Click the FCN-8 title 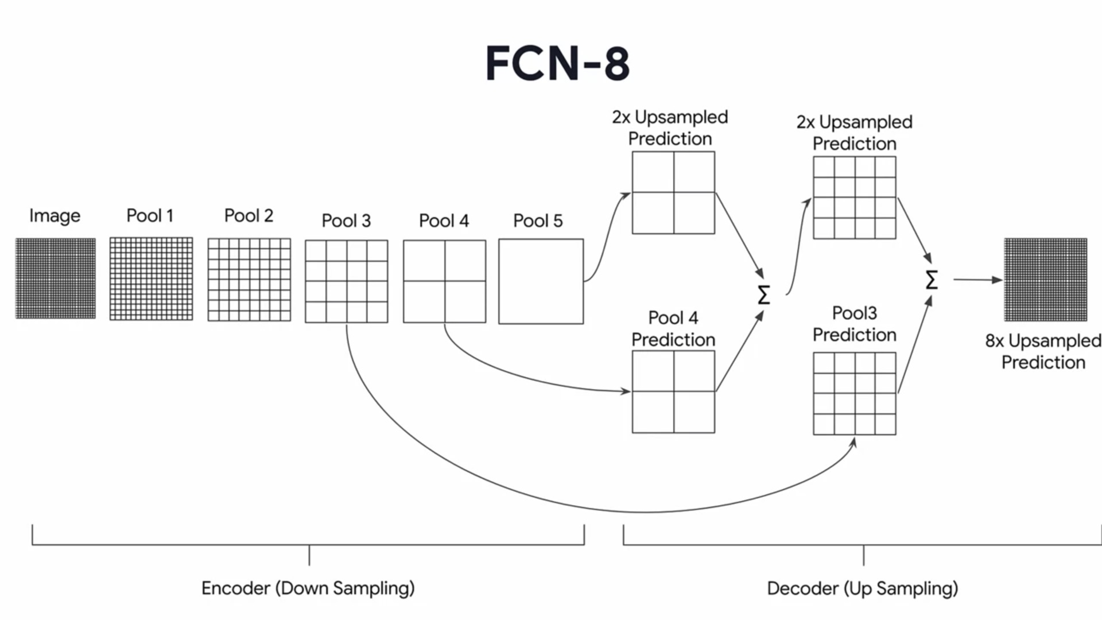tap(558, 63)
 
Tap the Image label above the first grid tap(55, 216)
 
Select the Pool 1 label tap(150, 215)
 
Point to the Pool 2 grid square tap(249, 280)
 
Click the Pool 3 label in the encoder tap(346, 220)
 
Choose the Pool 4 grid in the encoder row tap(444, 281)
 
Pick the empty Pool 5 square tap(541, 281)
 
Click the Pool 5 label tap(538, 220)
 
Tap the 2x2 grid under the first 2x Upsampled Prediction tap(673, 193)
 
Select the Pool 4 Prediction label tap(673, 329)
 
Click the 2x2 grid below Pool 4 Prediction tap(673, 392)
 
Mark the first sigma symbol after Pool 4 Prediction tap(764, 295)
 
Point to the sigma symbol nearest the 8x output tap(932, 280)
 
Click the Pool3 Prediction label tap(855, 324)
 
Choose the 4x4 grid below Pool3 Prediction tap(855, 394)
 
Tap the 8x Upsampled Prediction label tap(1043, 351)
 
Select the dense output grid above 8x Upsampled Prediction tap(1046, 280)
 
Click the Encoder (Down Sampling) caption tap(308, 588)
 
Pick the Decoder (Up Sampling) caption tap(863, 588)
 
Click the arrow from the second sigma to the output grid tap(978, 280)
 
